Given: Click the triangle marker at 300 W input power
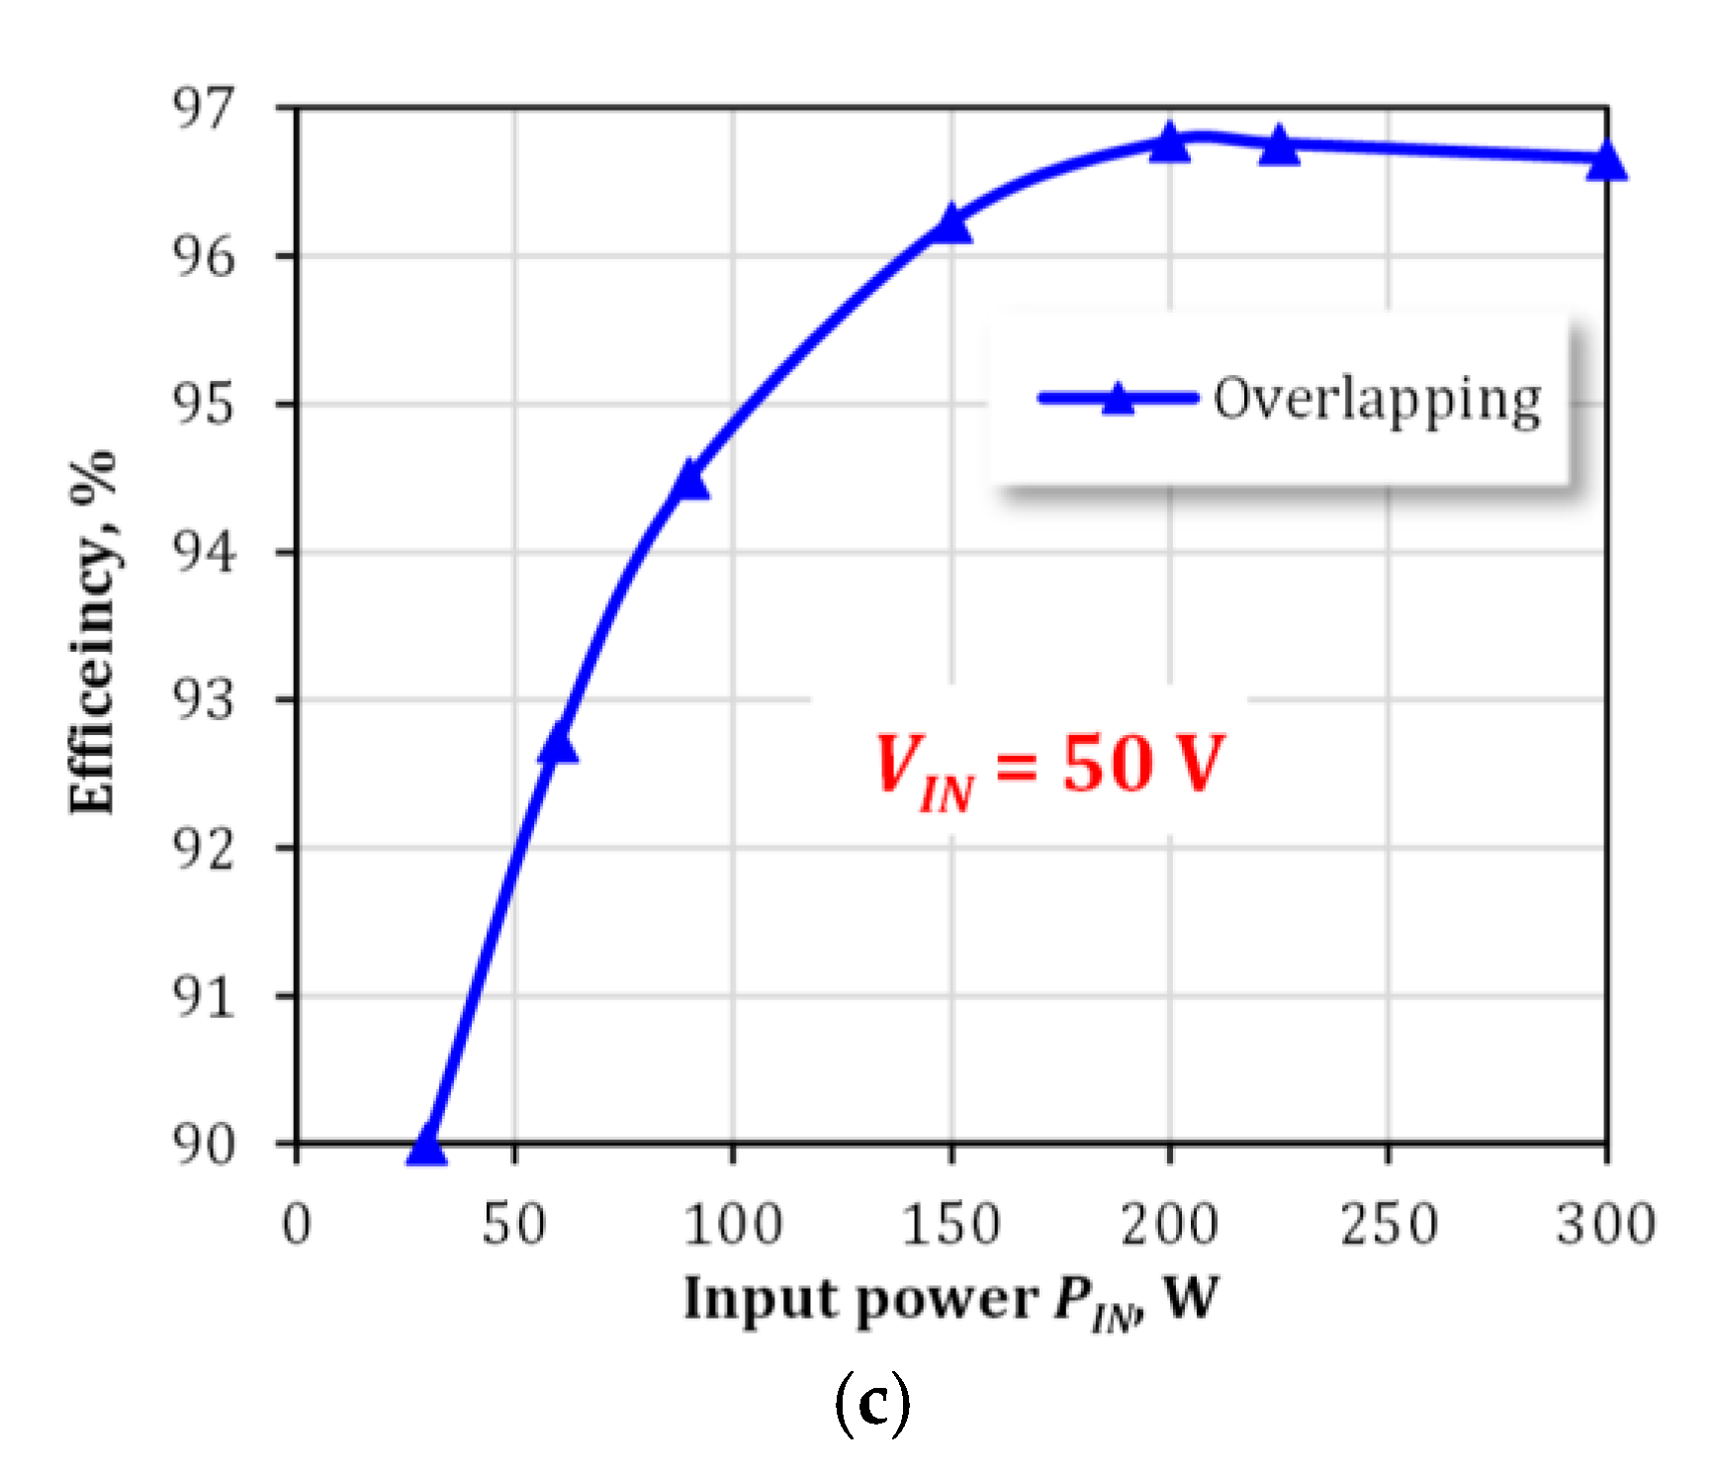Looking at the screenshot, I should coord(1606,160).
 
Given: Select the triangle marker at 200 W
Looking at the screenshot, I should coord(1169,143).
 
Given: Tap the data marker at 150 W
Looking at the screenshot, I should coord(951,225).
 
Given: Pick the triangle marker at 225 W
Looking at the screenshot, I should coord(1279,146).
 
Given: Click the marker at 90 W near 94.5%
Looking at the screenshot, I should coord(689,481).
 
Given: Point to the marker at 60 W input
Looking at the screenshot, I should coord(558,744).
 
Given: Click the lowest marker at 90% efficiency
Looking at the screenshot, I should coord(427,1146).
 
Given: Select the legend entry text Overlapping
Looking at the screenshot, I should coord(1377,400).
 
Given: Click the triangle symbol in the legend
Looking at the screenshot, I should coord(1118,399).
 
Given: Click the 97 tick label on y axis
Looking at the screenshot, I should coord(205,108).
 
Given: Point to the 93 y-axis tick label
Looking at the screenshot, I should coord(205,699).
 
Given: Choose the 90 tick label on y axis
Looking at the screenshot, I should coord(205,1144).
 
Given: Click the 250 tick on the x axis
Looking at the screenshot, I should coord(1388,1224).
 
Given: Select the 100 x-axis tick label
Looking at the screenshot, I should coord(733,1224).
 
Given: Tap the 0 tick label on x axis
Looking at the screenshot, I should coord(297,1224).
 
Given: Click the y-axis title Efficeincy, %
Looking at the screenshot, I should coord(93,633).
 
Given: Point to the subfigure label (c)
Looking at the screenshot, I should coord(871,1403).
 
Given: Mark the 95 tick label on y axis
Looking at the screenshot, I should coord(205,404).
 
